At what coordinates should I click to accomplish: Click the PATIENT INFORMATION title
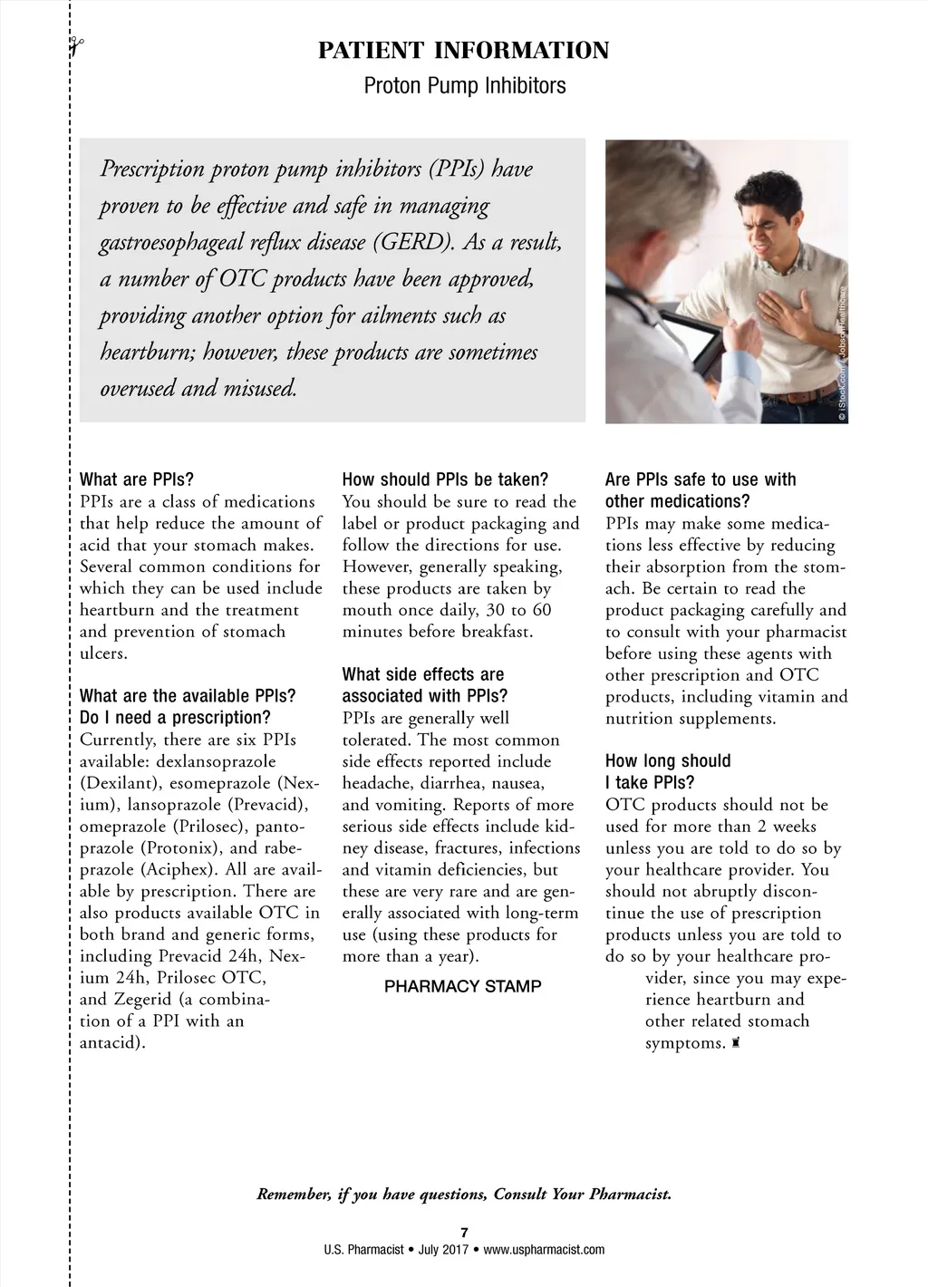(463, 51)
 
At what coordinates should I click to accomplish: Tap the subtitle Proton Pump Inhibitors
(464, 86)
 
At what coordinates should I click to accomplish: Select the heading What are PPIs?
(137, 479)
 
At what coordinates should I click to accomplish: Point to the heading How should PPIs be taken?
(445, 479)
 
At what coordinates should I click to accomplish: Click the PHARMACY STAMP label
(462, 986)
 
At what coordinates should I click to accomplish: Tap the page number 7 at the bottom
(464, 1232)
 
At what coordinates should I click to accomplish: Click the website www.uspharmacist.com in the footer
(544, 1250)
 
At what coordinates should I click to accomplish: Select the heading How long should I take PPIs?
(667, 772)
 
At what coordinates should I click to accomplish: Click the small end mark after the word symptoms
(735, 1043)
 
